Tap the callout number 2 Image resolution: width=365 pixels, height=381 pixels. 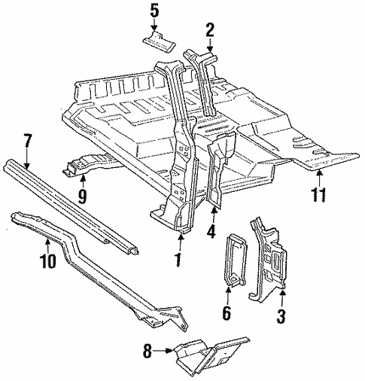pyautogui.click(x=210, y=29)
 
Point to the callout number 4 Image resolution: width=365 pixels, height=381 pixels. pyautogui.click(x=212, y=232)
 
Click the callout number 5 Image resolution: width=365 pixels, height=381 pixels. pyautogui.click(x=154, y=11)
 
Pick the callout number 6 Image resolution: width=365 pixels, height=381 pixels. pyautogui.click(x=227, y=312)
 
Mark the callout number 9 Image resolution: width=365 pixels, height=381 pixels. pyautogui.click(x=82, y=197)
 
